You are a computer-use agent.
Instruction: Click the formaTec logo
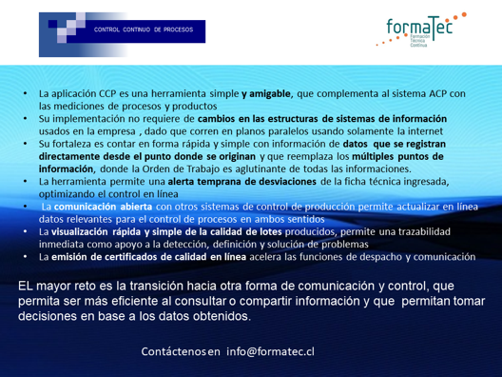(x=421, y=30)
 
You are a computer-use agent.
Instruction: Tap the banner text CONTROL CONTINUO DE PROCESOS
(x=144, y=30)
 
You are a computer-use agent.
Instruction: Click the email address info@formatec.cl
(x=270, y=351)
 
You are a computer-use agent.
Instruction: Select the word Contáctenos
(x=173, y=351)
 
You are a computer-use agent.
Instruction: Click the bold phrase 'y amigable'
(x=266, y=93)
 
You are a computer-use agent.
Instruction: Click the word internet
(x=426, y=131)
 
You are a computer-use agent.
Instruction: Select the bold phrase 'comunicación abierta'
(x=103, y=207)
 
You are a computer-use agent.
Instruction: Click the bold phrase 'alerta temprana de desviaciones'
(x=242, y=182)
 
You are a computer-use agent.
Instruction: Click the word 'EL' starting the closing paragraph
(x=26, y=286)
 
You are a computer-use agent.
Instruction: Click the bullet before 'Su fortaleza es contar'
(x=26, y=144)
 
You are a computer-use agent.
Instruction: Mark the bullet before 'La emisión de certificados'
(x=26, y=257)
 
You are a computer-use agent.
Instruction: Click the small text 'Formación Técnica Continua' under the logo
(x=419, y=41)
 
